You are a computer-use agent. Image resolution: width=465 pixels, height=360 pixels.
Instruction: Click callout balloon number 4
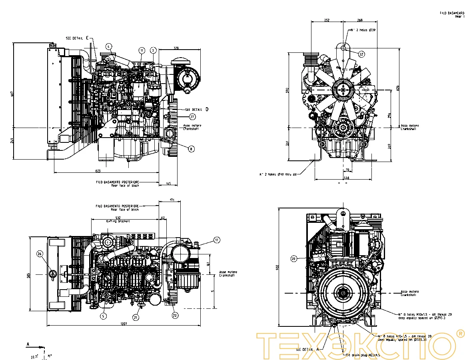(109, 46)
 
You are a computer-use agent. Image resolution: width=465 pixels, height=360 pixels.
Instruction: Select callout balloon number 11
(142, 50)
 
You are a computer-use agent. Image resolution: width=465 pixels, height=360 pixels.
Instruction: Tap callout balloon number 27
(192, 117)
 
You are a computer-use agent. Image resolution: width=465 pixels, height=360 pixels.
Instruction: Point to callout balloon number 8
(191, 148)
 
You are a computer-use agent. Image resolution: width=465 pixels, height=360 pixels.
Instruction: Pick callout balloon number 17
(217, 240)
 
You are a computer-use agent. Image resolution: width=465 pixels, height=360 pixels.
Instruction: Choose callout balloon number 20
(293, 259)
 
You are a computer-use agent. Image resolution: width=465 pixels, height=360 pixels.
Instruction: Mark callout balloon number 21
(136, 317)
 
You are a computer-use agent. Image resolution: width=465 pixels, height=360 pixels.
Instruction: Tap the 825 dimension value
(98, 171)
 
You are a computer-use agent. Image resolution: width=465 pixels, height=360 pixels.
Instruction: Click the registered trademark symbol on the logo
(460, 333)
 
